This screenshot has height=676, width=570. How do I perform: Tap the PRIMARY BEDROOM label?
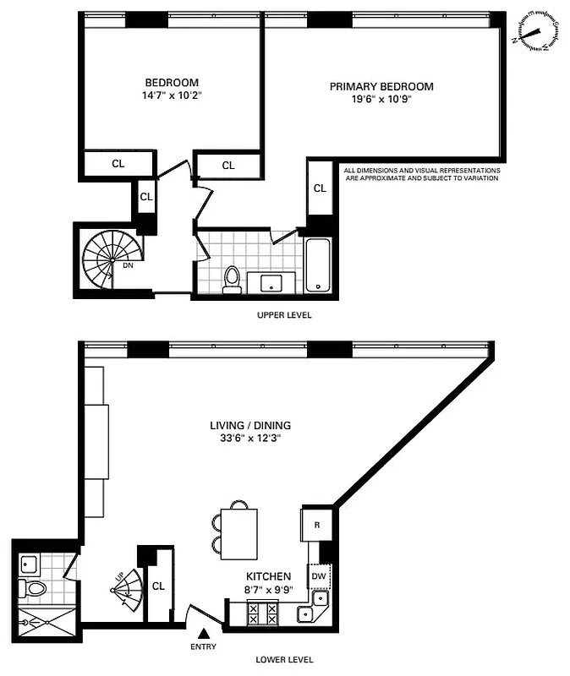[x=381, y=86]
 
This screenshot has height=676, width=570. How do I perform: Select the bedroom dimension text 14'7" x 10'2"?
[x=172, y=95]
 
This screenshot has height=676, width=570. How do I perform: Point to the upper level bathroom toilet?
[x=232, y=281]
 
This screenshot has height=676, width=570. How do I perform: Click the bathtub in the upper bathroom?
[x=318, y=265]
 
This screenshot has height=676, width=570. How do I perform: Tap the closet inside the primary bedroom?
[x=320, y=188]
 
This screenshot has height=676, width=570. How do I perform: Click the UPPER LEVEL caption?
[x=284, y=315]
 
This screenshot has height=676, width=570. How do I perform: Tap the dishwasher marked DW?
[x=319, y=576]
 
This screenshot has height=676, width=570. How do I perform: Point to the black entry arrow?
[x=203, y=633]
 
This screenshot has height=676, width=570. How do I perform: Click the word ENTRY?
[x=203, y=647]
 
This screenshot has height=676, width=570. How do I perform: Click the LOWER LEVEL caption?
[x=284, y=660]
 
